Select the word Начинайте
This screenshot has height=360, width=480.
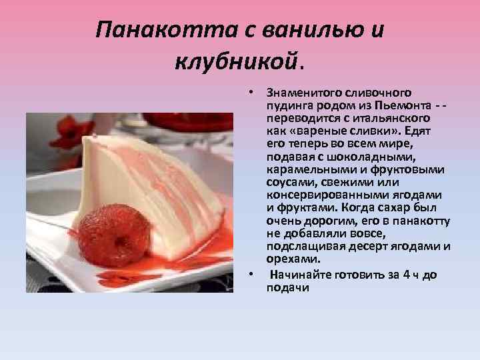coord(300,275)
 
